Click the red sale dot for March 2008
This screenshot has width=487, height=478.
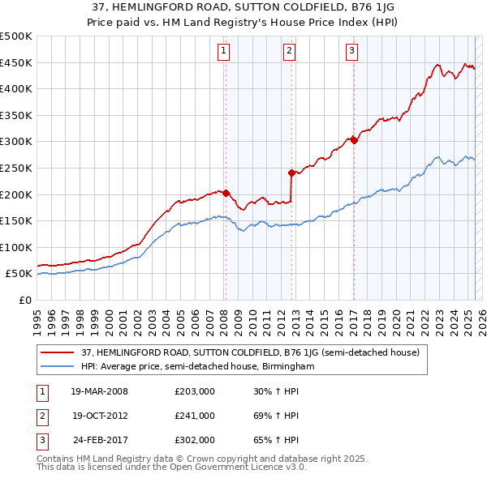[226, 193]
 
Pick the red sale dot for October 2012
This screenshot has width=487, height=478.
[291, 173]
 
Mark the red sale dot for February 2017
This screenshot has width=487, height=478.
[354, 140]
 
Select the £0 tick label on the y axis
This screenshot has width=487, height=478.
[25, 300]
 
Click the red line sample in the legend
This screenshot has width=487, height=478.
[57, 352]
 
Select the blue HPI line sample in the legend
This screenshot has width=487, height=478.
[57, 366]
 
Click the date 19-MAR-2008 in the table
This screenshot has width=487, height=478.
[100, 391]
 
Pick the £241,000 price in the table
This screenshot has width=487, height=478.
[195, 416]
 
